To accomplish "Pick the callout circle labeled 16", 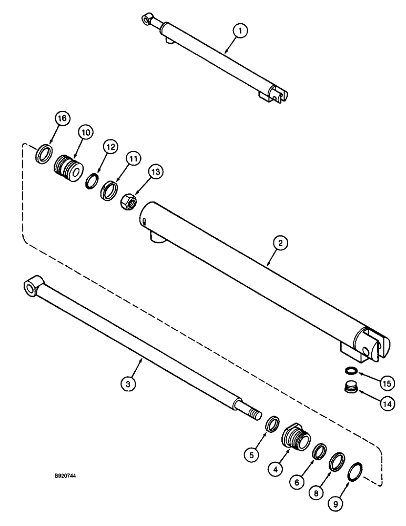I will pos(62,119).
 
